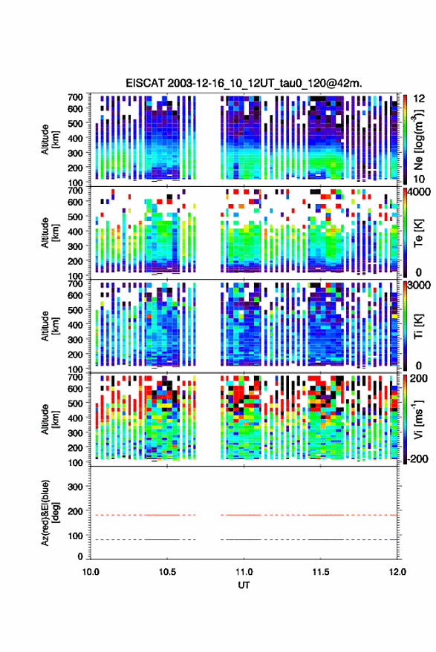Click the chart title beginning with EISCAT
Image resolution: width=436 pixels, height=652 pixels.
tap(244, 83)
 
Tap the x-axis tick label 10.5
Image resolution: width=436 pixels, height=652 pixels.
tap(167, 572)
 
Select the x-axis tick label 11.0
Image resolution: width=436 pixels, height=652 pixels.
tap(244, 572)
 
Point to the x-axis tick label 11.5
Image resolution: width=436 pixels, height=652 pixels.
tap(320, 572)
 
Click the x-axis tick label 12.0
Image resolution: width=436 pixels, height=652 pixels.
tap(397, 572)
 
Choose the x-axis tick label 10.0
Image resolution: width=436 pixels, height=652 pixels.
tap(91, 572)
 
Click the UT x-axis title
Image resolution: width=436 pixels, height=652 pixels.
tap(244, 585)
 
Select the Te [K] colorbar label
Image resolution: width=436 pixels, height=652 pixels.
tap(418, 233)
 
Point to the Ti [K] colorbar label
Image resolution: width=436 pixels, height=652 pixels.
tap(418, 326)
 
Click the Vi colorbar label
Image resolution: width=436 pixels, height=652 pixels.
tap(418, 419)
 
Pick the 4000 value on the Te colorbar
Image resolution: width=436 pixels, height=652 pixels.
tap(419, 193)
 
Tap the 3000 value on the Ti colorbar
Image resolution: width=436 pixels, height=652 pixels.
tap(419, 286)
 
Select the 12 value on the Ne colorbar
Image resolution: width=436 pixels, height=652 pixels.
tap(419, 99)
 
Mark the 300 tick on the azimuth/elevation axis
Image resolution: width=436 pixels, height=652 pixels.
tap(75, 487)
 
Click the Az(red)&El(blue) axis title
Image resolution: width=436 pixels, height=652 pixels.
tap(48, 513)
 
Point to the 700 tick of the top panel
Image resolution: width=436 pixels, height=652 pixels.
tap(75, 97)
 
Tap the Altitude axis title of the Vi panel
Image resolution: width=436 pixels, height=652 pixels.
tap(49, 419)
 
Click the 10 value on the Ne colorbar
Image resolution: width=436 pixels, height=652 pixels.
tap(419, 180)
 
